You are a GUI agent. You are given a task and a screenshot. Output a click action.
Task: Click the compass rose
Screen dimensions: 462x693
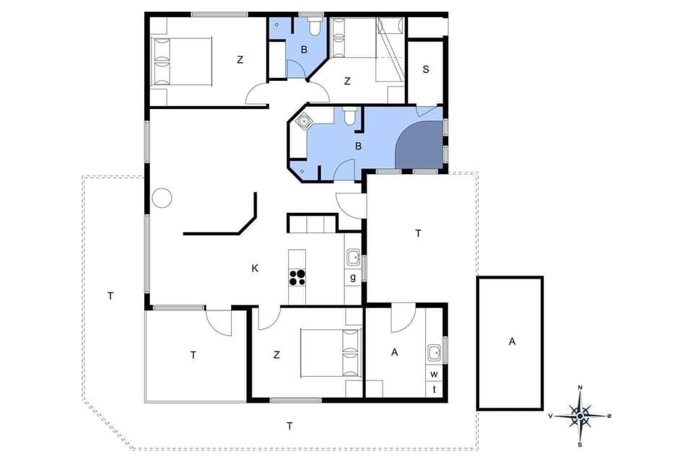pyautogui.click(x=580, y=415)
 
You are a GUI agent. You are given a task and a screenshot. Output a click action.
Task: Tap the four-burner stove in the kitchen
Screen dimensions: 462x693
pyautogui.click(x=297, y=278)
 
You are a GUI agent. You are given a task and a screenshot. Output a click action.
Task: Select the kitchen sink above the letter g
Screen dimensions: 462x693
pyautogui.click(x=353, y=258)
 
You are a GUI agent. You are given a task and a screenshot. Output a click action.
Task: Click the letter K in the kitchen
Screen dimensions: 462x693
pyautogui.click(x=254, y=269)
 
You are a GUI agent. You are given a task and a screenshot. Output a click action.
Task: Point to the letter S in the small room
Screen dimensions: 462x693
pyautogui.click(x=426, y=70)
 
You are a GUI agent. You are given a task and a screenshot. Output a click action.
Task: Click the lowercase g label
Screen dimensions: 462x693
pyautogui.click(x=353, y=278)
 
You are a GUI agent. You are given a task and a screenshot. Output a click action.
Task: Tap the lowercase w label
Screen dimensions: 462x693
pyautogui.click(x=435, y=375)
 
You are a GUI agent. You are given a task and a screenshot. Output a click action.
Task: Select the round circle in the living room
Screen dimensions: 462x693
pyautogui.click(x=162, y=197)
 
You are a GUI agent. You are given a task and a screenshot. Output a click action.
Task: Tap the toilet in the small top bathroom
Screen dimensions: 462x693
pyautogui.click(x=314, y=27)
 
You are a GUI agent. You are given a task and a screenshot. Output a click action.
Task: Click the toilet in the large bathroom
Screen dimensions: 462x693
pyautogui.click(x=349, y=116)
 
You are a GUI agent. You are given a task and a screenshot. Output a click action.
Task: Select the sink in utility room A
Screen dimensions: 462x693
pyautogui.click(x=435, y=353)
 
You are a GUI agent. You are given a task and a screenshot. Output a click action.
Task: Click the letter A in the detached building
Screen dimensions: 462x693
pyautogui.click(x=512, y=341)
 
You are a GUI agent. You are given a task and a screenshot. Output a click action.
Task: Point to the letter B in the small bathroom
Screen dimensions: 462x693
pyautogui.click(x=305, y=51)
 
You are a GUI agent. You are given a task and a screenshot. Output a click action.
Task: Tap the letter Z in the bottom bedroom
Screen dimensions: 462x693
pyautogui.click(x=276, y=354)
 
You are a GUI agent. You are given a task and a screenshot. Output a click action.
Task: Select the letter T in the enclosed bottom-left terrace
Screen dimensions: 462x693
pyautogui.click(x=193, y=354)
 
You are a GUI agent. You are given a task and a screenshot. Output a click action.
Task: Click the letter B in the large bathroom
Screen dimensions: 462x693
pyautogui.click(x=357, y=146)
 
